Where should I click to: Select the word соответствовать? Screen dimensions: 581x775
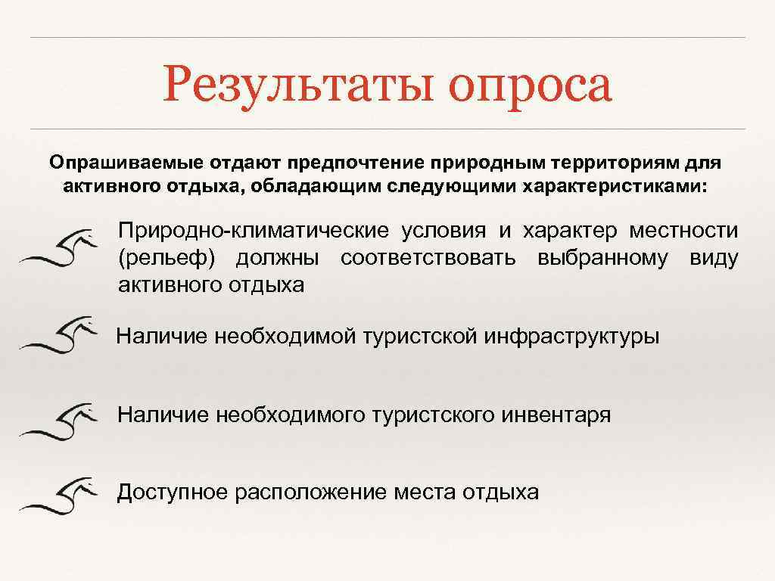coord(428,259)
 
